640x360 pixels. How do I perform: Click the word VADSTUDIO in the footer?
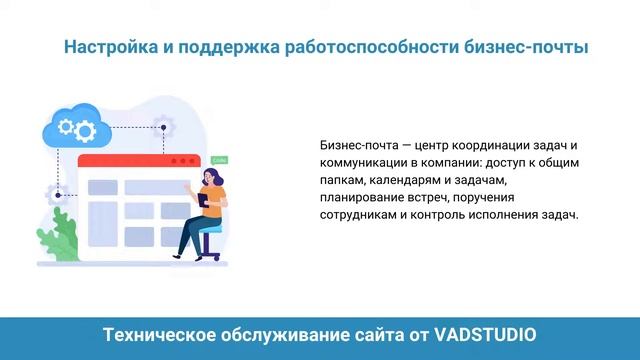[x=485, y=332]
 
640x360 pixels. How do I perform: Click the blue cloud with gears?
[x=74, y=126]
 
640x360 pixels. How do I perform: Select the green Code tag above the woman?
[x=220, y=158]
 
